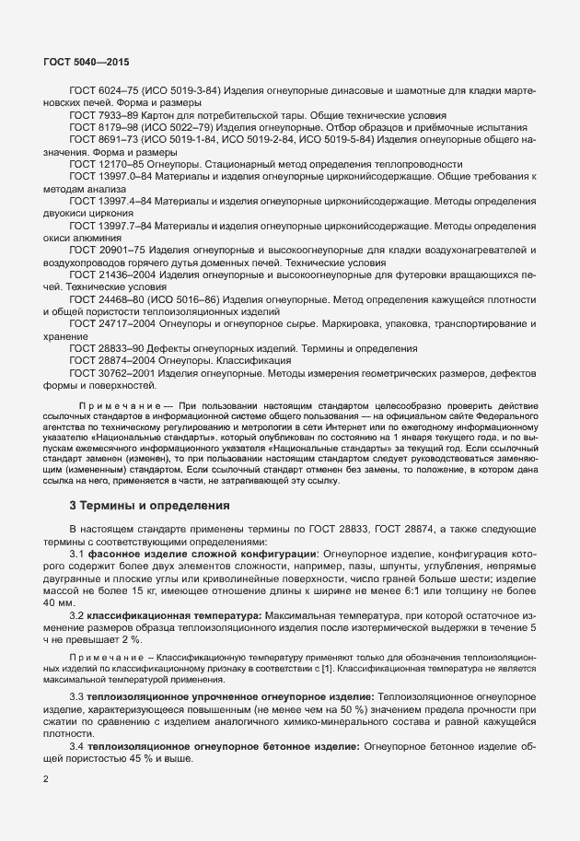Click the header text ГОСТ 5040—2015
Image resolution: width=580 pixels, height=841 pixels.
[86, 62]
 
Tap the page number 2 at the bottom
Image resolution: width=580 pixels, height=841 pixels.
[46, 779]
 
